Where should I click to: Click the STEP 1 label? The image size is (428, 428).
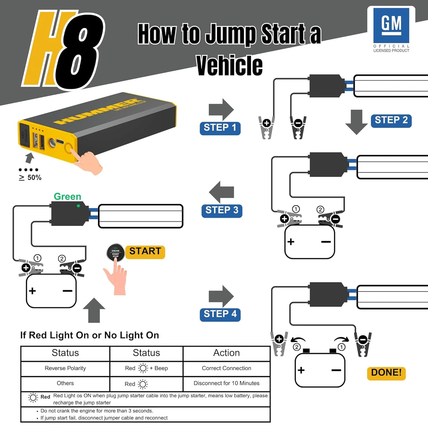pyautogui.click(x=220, y=128)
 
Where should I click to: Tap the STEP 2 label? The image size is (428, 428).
pyautogui.click(x=391, y=121)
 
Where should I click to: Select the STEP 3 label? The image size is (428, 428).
pyautogui.click(x=222, y=210)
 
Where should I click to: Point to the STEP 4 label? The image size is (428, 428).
pyautogui.click(x=220, y=314)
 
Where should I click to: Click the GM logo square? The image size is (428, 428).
pyautogui.click(x=391, y=25)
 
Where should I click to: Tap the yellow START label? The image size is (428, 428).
pyautogui.click(x=145, y=252)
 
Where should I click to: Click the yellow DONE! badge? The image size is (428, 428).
pyautogui.click(x=386, y=373)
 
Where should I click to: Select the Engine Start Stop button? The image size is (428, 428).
pyautogui.click(x=115, y=253)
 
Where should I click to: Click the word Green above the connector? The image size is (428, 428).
pyautogui.click(x=67, y=196)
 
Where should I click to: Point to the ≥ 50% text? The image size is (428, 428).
pyautogui.click(x=30, y=178)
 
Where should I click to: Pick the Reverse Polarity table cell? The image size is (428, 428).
pyautogui.click(x=65, y=368)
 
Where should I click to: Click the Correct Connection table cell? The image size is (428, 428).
pyautogui.click(x=226, y=368)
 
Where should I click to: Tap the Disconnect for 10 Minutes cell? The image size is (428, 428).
pyautogui.click(x=226, y=384)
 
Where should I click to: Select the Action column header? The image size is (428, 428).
pyautogui.click(x=226, y=353)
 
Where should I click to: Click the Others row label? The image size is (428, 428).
pyautogui.click(x=65, y=384)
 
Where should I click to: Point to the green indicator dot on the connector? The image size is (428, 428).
pyautogui.click(x=78, y=206)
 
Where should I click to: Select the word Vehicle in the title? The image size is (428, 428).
pyautogui.click(x=229, y=66)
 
